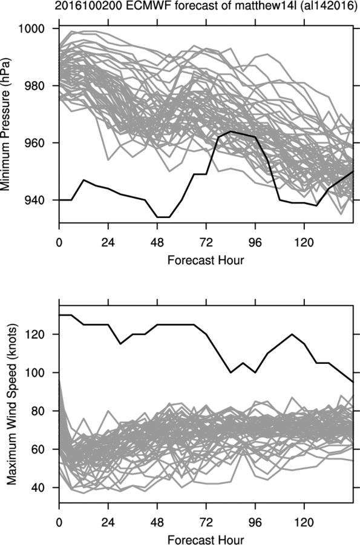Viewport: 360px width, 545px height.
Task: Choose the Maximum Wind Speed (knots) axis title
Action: click(12, 405)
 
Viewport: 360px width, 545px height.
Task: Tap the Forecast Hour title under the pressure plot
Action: click(206, 260)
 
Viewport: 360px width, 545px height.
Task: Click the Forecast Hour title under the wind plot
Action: click(206, 540)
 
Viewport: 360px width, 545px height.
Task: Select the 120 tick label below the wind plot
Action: click(304, 522)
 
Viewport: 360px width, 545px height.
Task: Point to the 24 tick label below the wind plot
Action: click(108, 522)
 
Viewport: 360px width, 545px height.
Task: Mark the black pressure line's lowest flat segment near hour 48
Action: click(163, 217)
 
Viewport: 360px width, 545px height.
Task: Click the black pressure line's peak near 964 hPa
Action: click(231, 131)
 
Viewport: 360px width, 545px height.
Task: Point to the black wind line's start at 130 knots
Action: click(59, 315)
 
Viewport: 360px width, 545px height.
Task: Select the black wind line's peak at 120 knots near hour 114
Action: click(292, 334)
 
